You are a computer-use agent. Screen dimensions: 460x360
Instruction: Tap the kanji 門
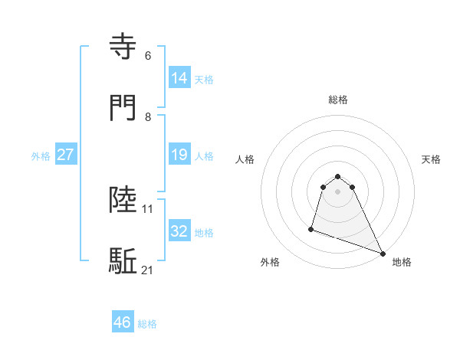click(125, 107)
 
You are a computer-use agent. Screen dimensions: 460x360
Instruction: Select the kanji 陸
click(125, 200)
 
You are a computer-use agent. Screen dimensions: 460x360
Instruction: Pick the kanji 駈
click(125, 261)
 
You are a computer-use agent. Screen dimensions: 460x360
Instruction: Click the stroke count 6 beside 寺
click(148, 56)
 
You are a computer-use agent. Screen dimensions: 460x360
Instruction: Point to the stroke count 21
click(148, 270)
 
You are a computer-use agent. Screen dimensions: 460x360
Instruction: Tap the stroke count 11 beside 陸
click(148, 208)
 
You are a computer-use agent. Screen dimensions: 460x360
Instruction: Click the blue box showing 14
click(179, 77)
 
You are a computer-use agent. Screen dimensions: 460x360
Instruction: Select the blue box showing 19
click(179, 155)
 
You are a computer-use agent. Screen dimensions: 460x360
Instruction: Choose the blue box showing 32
click(179, 231)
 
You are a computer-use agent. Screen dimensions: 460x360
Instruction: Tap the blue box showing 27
click(65, 155)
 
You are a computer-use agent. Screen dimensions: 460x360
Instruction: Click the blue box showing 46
click(123, 322)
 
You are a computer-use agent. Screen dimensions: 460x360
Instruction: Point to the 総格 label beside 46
click(148, 324)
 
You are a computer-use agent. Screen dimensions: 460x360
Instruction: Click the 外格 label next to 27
click(41, 156)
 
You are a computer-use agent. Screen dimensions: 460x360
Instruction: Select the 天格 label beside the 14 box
click(204, 79)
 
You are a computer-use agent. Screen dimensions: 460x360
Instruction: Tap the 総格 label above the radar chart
click(338, 100)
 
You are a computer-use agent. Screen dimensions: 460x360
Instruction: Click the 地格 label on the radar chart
click(402, 262)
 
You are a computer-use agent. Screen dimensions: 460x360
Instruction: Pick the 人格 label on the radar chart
click(245, 159)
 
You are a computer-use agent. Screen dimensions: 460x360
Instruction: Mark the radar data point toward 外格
click(311, 228)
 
